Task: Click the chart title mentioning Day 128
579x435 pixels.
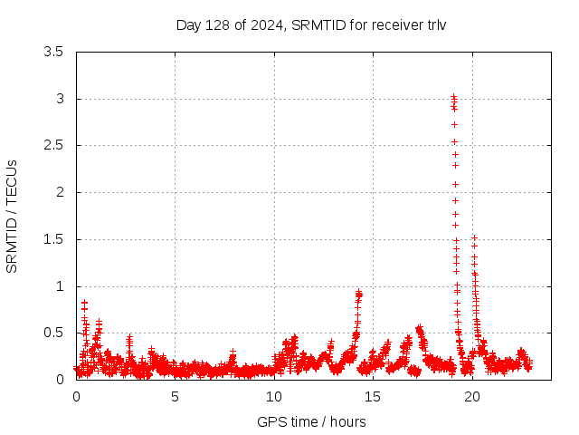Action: point(311,24)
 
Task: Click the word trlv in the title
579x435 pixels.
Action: point(436,24)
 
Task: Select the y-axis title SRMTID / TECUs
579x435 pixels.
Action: point(13,216)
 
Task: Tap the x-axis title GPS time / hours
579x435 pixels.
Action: point(311,421)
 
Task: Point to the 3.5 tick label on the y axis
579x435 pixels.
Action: point(53,52)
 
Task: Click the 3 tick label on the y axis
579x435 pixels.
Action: point(60,99)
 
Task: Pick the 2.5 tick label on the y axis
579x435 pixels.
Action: point(53,145)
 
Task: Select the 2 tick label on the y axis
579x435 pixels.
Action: point(60,192)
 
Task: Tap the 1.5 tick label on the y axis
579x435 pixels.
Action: point(53,239)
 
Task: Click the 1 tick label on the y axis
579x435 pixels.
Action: point(60,286)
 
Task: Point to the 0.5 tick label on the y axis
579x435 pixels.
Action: point(53,333)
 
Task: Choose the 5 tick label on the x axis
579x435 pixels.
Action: point(176,397)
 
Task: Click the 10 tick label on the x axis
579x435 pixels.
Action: point(274,397)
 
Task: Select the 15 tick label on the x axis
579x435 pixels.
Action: point(374,397)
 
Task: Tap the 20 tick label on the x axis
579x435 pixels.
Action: point(472,397)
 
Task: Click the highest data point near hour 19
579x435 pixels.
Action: point(453,96)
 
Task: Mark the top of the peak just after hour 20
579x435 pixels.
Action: point(474,237)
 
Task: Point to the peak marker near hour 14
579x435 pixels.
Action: point(359,293)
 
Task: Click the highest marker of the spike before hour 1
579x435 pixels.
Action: point(84,303)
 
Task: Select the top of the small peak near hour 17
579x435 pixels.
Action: point(419,328)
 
